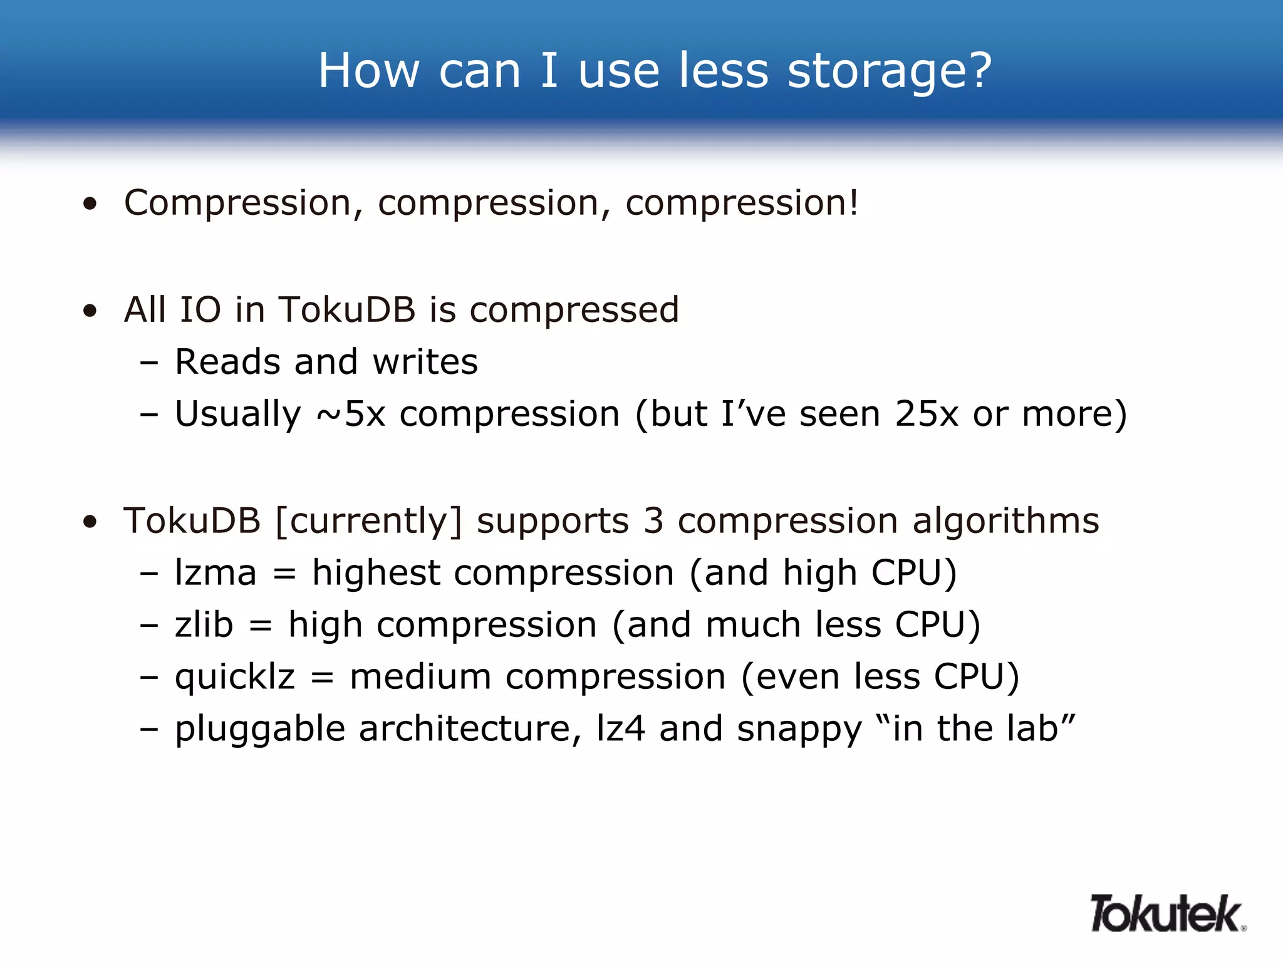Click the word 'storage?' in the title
click(890, 71)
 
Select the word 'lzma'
click(216, 572)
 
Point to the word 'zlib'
click(204, 624)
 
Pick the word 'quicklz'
click(235, 678)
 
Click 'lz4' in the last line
click(620, 728)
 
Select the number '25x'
click(927, 413)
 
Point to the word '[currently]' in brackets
click(368, 521)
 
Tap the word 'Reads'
click(227, 361)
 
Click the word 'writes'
click(425, 361)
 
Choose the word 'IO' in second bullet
click(200, 309)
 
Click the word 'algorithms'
click(1005, 521)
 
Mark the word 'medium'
click(420, 677)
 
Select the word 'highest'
click(376, 572)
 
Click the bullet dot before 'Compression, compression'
click(90, 204)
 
